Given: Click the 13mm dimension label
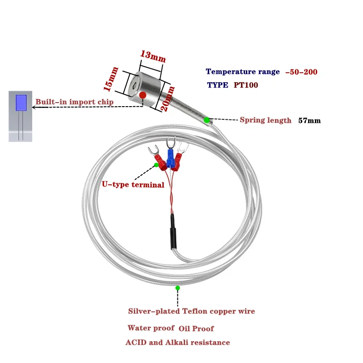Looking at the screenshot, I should (x=153, y=57).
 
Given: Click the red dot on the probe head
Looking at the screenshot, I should (x=142, y=95).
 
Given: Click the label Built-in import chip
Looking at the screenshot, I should (x=74, y=102).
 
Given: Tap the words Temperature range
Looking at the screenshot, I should (x=243, y=72).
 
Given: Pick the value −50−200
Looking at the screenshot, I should (x=301, y=72).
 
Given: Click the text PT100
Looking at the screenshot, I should (x=246, y=85).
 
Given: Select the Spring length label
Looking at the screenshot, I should (x=265, y=120).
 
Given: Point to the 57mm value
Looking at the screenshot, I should (x=309, y=121).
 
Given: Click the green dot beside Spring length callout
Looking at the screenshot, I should (x=206, y=120).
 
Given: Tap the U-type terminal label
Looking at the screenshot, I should (x=132, y=185).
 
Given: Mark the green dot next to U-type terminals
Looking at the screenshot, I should (x=157, y=165).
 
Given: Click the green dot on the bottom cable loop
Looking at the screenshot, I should (x=177, y=288).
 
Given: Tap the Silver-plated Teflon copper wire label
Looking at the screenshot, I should (x=191, y=311).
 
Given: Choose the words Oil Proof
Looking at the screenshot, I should (x=196, y=329).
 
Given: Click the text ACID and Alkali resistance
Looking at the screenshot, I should (x=178, y=343).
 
